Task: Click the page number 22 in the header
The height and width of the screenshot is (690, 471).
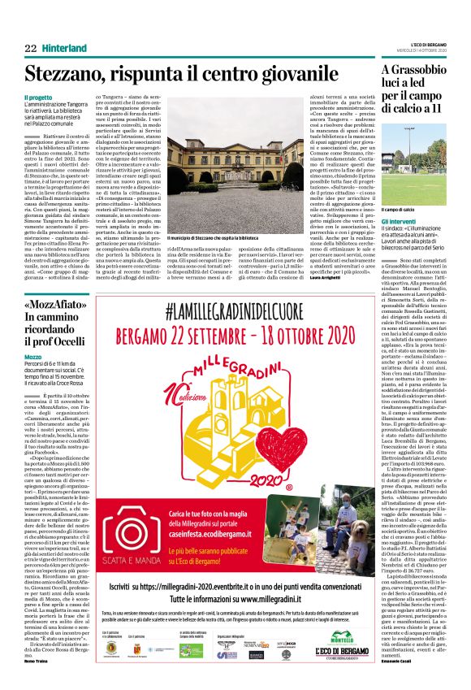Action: coord(31,49)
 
